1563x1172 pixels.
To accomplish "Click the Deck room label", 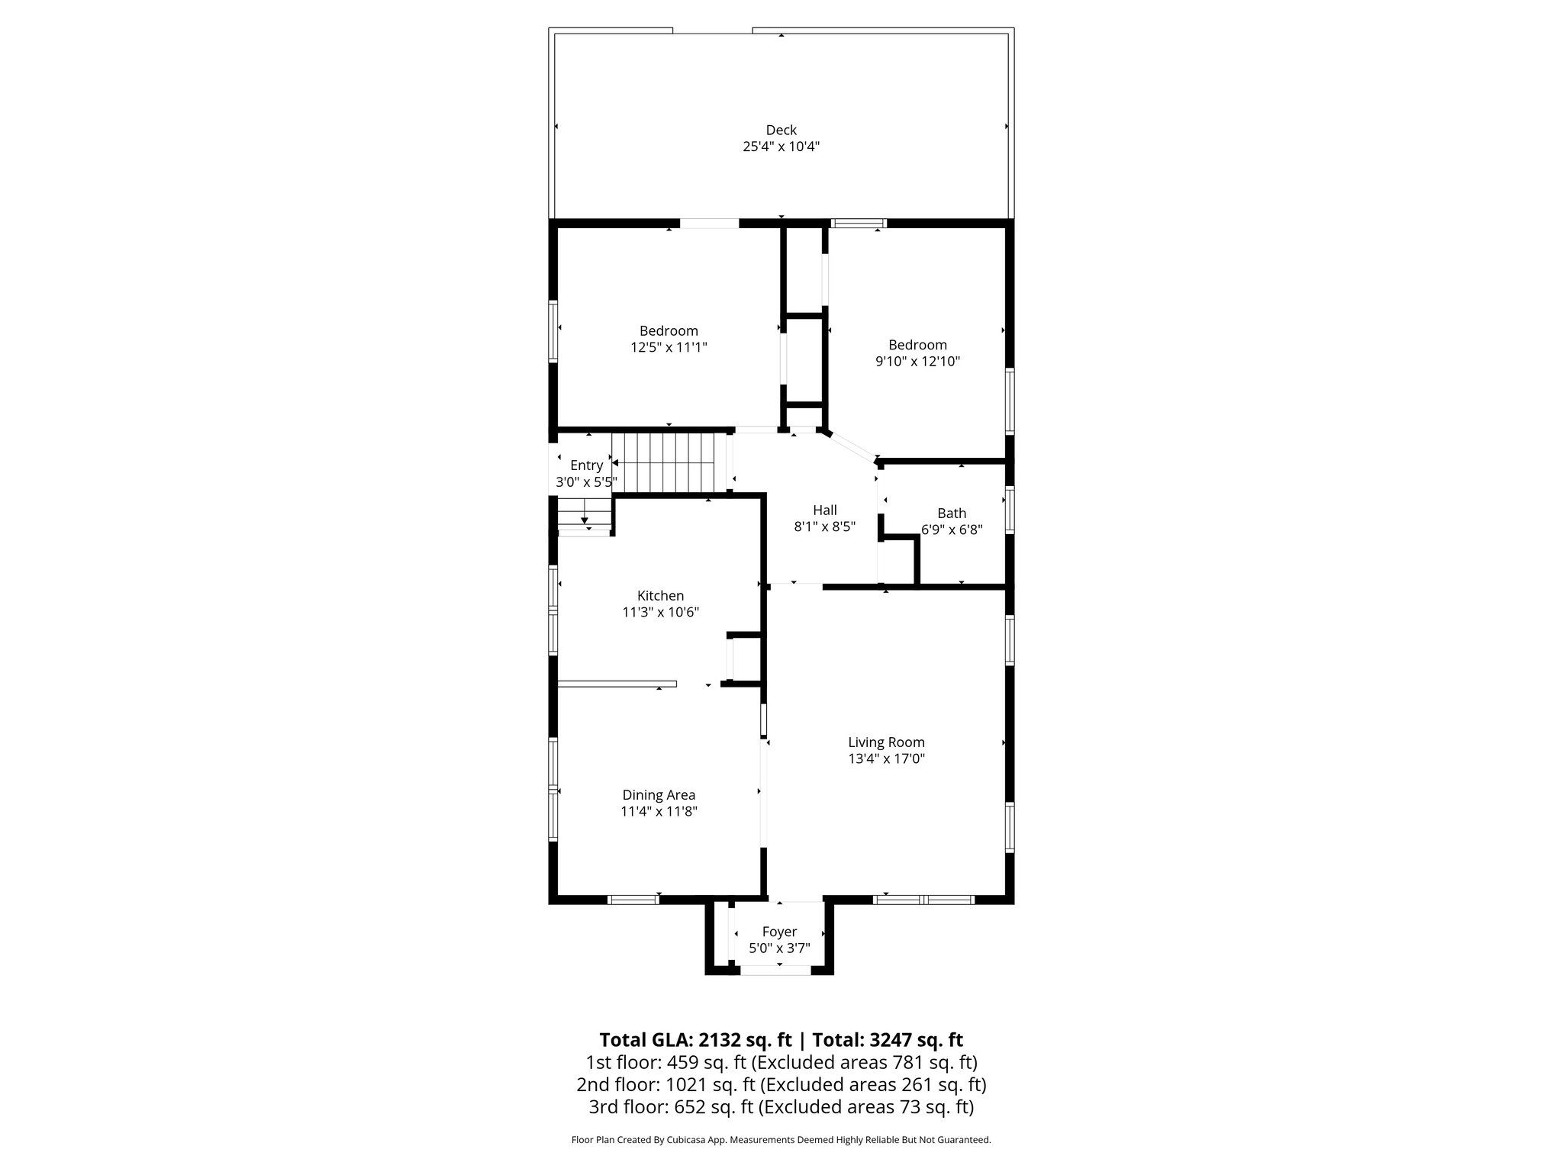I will (x=781, y=130).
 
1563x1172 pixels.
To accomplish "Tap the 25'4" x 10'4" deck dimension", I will (x=781, y=146).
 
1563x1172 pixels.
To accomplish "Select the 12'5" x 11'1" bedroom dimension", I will (x=669, y=347).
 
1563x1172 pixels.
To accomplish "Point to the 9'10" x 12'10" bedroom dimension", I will (x=917, y=361).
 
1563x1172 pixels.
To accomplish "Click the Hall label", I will (x=824, y=510).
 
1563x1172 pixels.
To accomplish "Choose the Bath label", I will (x=952, y=514).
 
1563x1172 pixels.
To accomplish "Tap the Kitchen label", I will (x=660, y=596).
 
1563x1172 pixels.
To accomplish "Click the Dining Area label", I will (x=659, y=795).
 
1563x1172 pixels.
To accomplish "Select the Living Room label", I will (x=886, y=742).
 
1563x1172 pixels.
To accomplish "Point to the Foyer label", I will (x=779, y=932).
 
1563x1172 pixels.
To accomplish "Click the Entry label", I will (x=586, y=465).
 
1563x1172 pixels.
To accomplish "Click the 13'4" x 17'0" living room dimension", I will (x=886, y=758).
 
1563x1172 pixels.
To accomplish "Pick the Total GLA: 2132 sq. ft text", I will (x=696, y=1040).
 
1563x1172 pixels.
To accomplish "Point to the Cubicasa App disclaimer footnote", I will (x=781, y=1140).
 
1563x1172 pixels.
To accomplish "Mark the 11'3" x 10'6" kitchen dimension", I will (x=660, y=612).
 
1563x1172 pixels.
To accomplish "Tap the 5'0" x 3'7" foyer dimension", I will (x=779, y=948).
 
